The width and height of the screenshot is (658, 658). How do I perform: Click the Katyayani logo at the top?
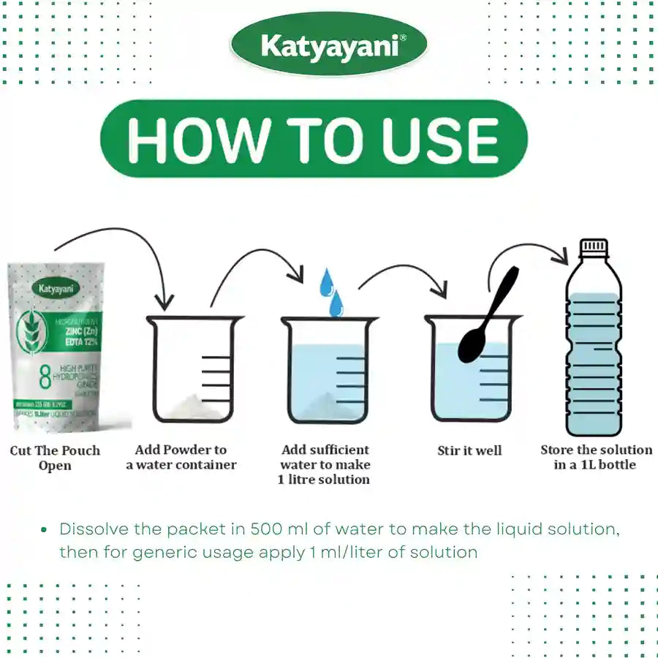[328, 47]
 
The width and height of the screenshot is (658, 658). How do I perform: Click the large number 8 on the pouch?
[45, 377]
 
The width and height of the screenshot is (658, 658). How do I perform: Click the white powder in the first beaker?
[192, 406]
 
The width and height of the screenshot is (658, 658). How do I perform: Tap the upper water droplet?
[325, 282]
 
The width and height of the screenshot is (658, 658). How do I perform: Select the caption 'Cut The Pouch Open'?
[55, 458]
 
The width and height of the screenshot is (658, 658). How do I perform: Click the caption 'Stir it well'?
[469, 450]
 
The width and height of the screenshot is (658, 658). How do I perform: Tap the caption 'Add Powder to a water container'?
[181, 457]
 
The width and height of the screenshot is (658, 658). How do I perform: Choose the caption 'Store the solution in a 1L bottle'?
[596, 457]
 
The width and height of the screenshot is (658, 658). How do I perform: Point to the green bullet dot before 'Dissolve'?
[45, 529]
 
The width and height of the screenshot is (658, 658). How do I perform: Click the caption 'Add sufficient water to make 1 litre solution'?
[325, 464]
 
